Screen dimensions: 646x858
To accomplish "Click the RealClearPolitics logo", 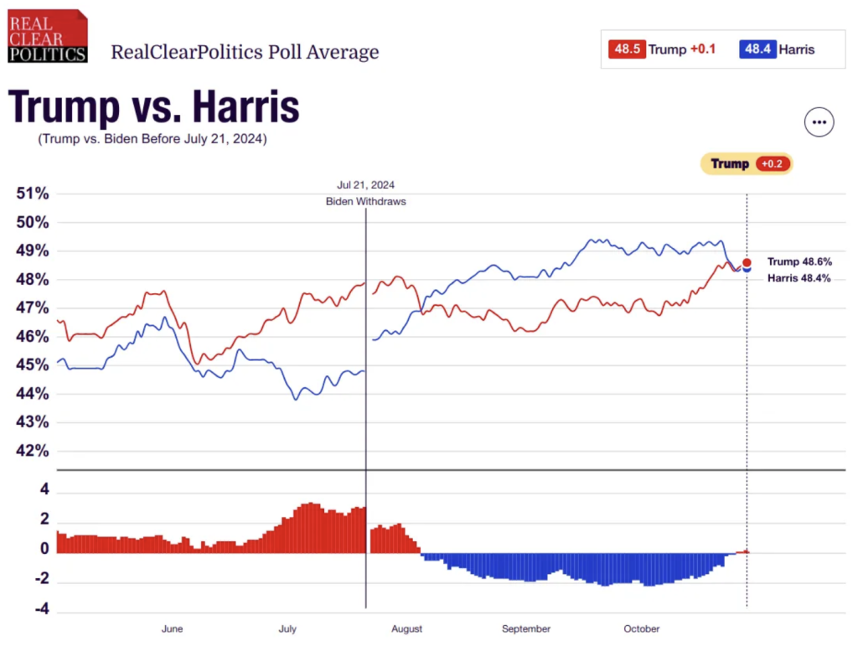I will (48, 36).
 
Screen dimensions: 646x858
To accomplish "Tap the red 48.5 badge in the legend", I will (628, 49).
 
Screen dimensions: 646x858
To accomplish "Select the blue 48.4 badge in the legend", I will (757, 49).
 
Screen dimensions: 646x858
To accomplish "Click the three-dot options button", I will (819, 122).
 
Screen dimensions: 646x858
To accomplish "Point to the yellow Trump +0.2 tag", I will (747, 163).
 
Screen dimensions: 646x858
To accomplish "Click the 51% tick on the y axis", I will (33, 194).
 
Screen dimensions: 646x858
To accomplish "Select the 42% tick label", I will (33, 451).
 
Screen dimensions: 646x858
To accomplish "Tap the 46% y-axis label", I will (33, 337).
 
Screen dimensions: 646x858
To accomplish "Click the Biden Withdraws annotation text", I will (365, 202).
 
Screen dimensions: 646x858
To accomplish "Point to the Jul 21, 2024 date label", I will (365, 185).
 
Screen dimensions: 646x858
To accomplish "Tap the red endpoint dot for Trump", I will (747, 262).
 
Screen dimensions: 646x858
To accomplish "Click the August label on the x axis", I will (406, 628).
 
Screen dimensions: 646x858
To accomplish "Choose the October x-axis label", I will (642, 628).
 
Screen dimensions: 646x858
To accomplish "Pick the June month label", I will (172, 628).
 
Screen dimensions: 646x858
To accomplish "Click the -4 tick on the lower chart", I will (39, 609).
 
